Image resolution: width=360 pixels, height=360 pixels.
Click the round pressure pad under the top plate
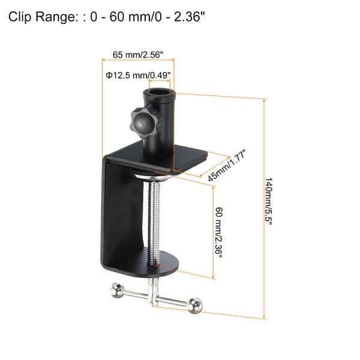pos(154,175)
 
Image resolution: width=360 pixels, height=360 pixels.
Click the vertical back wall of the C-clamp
pos(114,216)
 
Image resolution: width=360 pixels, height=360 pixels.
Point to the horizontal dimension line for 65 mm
pos(136,60)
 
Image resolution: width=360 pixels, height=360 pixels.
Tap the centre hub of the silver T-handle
pos(155,298)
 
